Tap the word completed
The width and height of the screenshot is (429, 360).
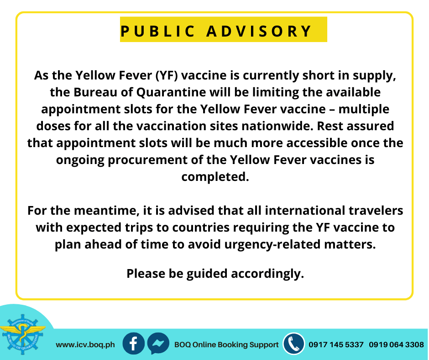tap(215, 176)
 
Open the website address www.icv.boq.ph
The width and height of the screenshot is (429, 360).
tap(85, 345)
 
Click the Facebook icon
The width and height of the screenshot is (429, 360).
tap(133, 344)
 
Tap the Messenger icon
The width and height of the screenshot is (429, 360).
tap(158, 344)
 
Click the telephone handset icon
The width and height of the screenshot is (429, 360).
tap(293, 344)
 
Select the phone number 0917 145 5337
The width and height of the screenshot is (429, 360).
tap(336, 344)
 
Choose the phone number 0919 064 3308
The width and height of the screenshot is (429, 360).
tap(396, 344)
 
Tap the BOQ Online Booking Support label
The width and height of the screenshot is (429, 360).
tap(226, 344)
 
